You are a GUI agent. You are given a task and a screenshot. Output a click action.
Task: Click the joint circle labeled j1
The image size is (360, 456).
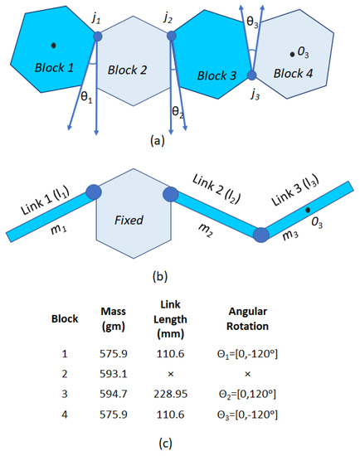(98, 36)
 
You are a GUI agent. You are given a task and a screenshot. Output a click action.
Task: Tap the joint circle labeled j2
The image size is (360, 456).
(172, 36)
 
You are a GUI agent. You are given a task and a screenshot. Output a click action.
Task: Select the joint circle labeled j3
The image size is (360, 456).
(252, 75)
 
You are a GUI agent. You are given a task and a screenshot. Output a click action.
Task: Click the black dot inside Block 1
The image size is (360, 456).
(54, 44)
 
